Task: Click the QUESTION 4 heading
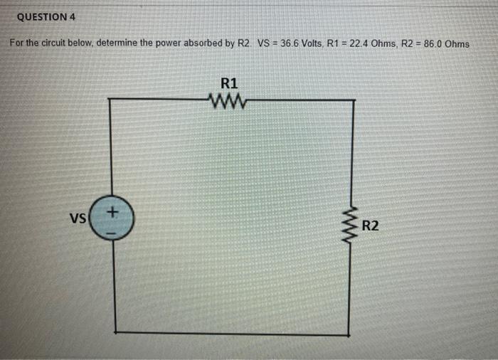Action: (46, 16)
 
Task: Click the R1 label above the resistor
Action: (230, 82)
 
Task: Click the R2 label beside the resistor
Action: (371, 227)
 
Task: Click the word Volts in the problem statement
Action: (313, 43)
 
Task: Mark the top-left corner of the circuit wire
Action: (109, 100)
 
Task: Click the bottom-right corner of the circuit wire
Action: (349, 334)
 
